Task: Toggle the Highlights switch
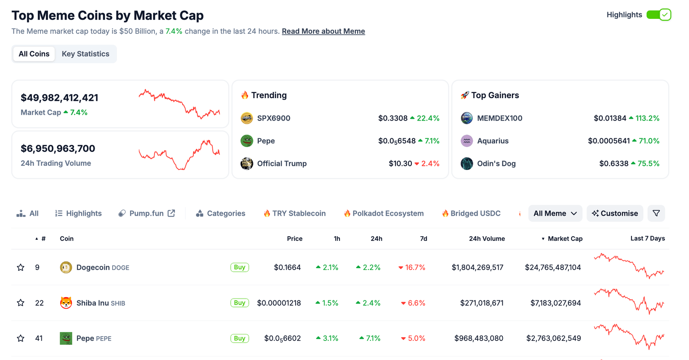[658, 15]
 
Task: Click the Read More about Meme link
[323, 31]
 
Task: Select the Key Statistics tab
[85, 54]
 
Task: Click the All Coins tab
[34, 54]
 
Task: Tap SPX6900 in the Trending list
[273, 118]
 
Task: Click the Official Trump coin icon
[247, 164]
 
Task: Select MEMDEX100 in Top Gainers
[499, 118]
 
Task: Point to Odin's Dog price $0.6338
[614, 164]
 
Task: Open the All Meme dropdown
[555, 213]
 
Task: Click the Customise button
[615, 213]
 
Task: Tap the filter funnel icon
[656, 213]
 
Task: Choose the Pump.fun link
[146, 213]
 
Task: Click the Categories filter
[221, 213]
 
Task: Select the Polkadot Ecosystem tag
[384, 213]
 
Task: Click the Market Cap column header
[565, 239]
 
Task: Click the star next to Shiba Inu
[21, 303]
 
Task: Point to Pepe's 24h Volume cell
[479, 338]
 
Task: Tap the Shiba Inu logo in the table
[66, 303]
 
